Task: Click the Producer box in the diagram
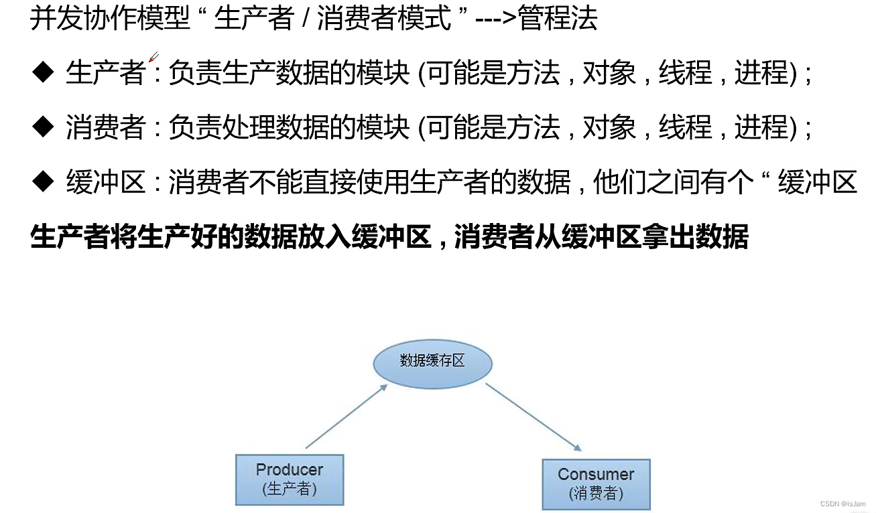coord(289,480)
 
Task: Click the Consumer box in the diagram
coord(596,484)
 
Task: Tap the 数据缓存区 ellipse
coord(432,362)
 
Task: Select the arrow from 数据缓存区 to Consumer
coord(532,417)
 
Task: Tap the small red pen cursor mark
coord(153,57)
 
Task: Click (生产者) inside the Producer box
coord(289,490)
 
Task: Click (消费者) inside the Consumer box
coord(596,494)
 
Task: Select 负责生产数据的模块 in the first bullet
coord(289,73)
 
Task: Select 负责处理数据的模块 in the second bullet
coord(289,127)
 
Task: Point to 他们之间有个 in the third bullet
coord(671,181)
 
